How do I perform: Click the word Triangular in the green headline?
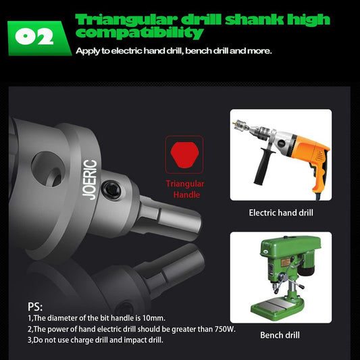pos(120,19)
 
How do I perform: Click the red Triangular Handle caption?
pos(184,189)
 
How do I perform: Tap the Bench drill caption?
pos(280,335)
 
